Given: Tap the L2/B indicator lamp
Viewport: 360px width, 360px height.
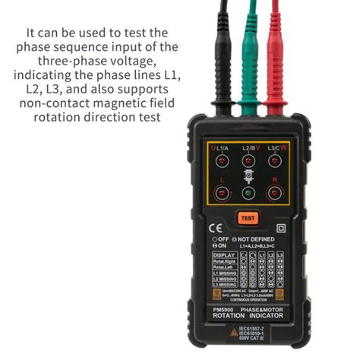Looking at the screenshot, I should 248,160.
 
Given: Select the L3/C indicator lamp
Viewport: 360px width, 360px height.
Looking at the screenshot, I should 273,160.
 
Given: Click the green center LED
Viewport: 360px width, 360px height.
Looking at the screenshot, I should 248,193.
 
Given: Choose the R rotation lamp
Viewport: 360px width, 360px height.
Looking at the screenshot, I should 273,193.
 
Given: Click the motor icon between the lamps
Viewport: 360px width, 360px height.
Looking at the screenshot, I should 248,176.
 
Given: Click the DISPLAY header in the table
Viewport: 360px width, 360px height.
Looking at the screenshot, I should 225,254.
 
